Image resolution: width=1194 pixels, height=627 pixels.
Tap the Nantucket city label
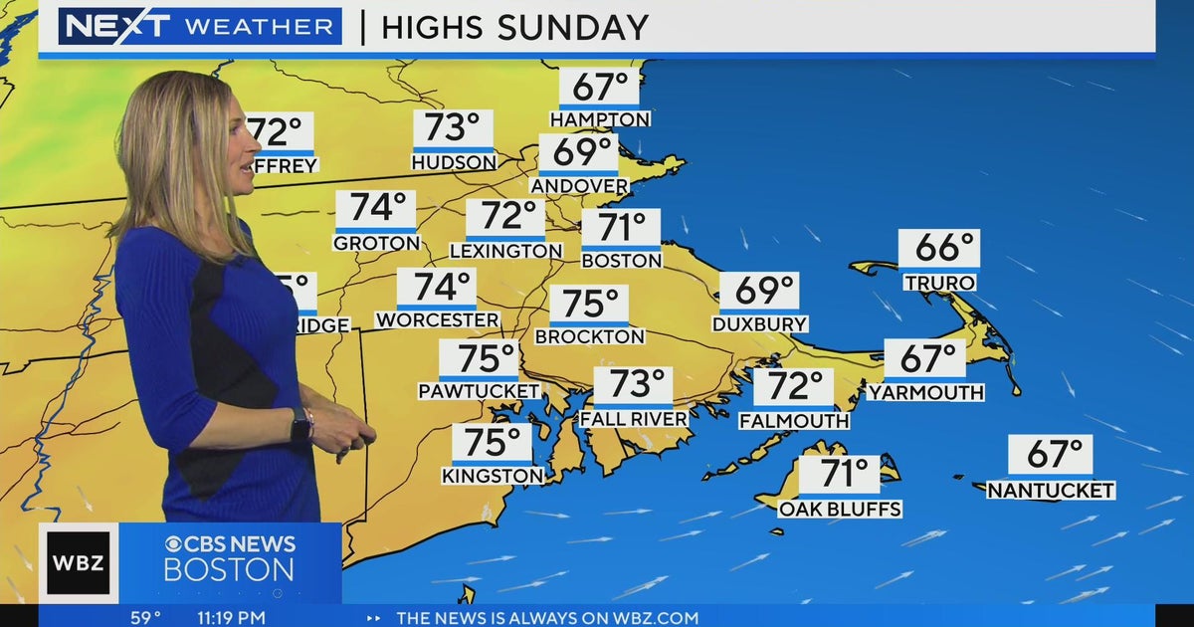tap(1051, 491)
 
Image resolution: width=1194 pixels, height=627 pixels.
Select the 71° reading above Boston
tap(621, 228)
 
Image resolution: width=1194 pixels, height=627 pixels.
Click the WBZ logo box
tap(79, 563)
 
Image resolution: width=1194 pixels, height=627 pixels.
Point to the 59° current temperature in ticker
tap(145, 618)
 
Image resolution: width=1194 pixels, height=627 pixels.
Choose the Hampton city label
tap(600, 119)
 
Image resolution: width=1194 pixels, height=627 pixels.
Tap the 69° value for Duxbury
tap(759, 292)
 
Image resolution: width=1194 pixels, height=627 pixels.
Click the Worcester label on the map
tap(437, 320)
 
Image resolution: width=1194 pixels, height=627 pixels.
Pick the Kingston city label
tap(494, 477)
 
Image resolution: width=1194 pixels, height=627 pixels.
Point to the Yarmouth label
tap(925, 393)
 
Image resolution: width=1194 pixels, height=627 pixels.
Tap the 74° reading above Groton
tap(375, 209)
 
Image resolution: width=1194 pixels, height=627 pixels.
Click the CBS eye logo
tap(173, 544)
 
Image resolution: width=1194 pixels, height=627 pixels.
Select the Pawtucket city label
tap(479, 391)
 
